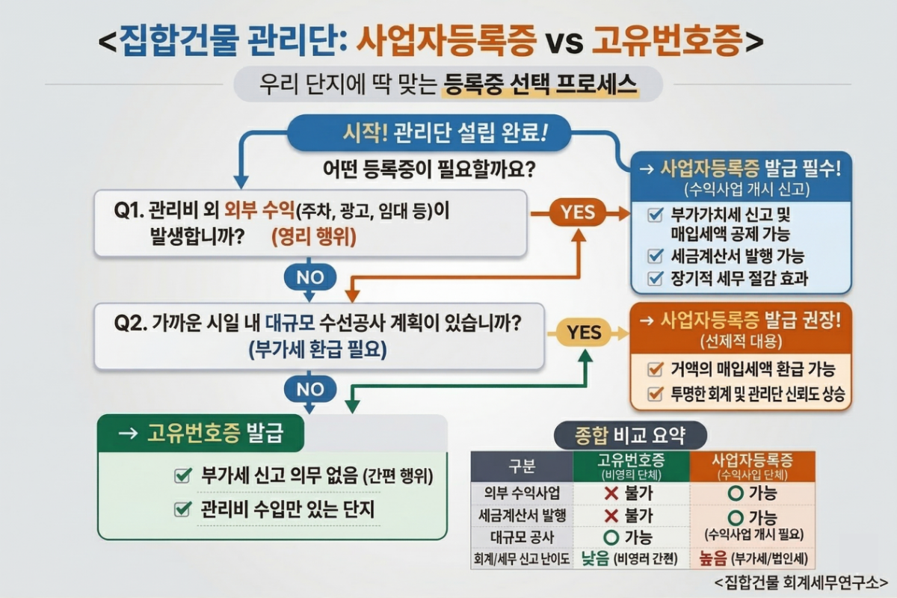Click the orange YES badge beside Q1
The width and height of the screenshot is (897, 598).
(x=577, y=213)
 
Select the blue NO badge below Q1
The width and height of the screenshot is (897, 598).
(x=310, y=277)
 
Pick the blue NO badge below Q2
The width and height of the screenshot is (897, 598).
(x=310, y=389)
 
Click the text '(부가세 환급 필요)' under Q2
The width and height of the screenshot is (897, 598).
(x=318, y=350)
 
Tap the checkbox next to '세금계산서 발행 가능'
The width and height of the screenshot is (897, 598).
(x=656, y=256)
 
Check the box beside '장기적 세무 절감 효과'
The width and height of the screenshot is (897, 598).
(x=656, y=279)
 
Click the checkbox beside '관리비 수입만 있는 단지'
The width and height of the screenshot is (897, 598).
(x=182, y=509)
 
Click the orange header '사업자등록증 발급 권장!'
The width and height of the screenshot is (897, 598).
(x=741, y=321)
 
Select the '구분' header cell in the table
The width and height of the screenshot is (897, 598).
(x=521, y=467)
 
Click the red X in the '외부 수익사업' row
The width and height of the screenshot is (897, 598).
(x=611, y=493)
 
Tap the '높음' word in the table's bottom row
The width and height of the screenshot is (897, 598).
(x=712, y=558)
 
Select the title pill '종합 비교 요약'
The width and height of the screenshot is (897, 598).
(x=630, y=435)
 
